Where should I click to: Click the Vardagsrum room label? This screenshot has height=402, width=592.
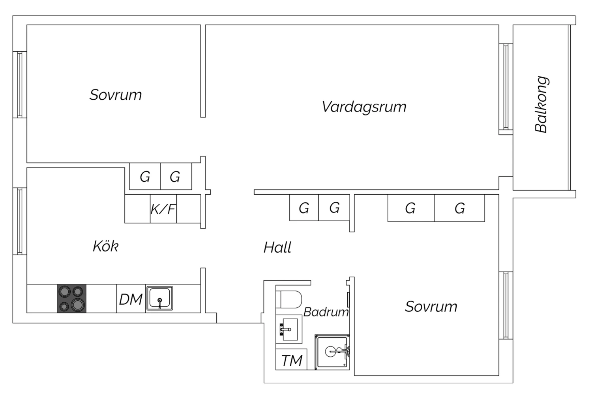click(x=364, y=107)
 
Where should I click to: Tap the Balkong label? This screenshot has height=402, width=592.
click(x=541, y=104)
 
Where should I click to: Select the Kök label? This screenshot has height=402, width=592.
click(x=106, y=246)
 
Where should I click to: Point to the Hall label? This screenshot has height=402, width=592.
click(x=277, y=248)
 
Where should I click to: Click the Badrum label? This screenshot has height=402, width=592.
click(x=326, y=312)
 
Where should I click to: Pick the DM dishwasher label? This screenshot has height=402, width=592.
click(x=131, y=299)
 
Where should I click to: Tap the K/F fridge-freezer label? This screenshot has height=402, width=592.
click(x=163, y=209)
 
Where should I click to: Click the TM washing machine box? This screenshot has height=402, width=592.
click(x=291, y=359)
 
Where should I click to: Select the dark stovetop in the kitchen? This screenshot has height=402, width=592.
click(x=72, y=298)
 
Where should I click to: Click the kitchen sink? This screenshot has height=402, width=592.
click(x=159, y=298)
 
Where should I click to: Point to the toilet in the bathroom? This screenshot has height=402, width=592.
click(x=289, y=299)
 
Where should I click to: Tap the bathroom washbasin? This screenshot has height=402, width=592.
click(x=289, y=329)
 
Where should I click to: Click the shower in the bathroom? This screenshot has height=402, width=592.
click(x=332, y=352)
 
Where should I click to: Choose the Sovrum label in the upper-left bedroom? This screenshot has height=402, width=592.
click(x=116, y=95)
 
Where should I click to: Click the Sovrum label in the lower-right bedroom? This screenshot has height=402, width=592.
click(x=431, y=307)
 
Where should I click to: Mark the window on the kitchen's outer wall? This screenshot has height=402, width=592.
click(x=20, y=221)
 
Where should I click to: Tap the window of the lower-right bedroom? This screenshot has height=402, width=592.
click(x=506, y=305)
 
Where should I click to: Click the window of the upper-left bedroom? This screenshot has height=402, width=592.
click(x=20, y=84)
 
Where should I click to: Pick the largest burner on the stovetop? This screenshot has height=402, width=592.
click(x=78, y=305)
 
